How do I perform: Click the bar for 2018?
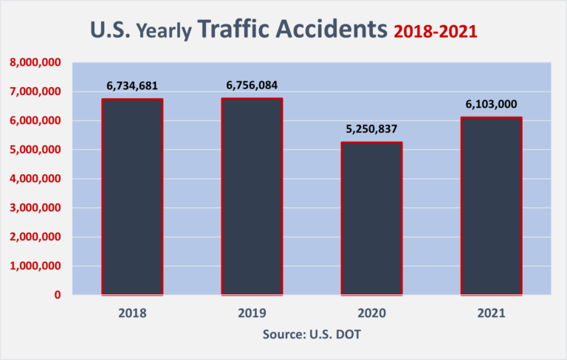pyautogui.click(x=131, y=197)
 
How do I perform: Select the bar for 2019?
pyautogui.click(x=252, y=197)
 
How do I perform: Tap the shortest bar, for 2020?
pyautogui.click(x=371, y=218)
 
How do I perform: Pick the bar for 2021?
pyautogui.click(x=491, y=206)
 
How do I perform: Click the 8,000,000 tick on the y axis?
pyautogui.click(x=35, y=63)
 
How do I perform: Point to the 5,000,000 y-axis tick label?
pyautogui.click(x=35, y=150)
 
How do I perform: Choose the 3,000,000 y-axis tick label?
pyautogui.click(x=35, y=208)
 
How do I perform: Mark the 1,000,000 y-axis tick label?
pyautogui.click(x=35, y=266)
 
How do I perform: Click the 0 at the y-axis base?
pyautogui.click(x=57, y=295)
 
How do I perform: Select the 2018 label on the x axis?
pyautogui.click(x=131, y=313)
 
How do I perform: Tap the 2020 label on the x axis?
pyautogui.click(x=371, y=313)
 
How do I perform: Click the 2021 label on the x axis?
pyautogui.click(x=491, y=313)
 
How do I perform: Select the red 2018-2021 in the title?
pyautogui.click(x=435, y=31)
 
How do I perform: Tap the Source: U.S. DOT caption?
pyautogui.click(x=312, y=334)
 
